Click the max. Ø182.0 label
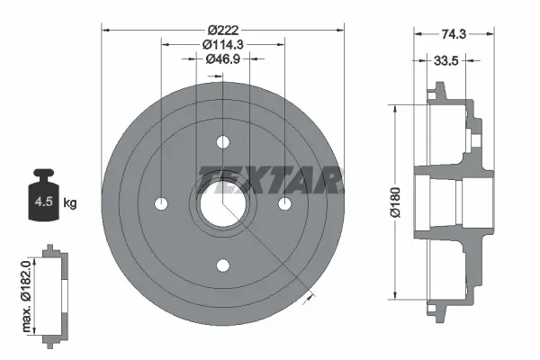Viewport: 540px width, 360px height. click(x=28, y=290)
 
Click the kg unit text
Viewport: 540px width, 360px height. click(x=71, y=202)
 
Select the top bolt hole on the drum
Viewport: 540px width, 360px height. click(x=222, y=142)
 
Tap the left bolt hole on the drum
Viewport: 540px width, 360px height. click(x=161, y=202)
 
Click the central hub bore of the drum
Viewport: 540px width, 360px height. click(x=222, y=202)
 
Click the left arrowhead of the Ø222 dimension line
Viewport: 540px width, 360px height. click(x=105, y=30)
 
